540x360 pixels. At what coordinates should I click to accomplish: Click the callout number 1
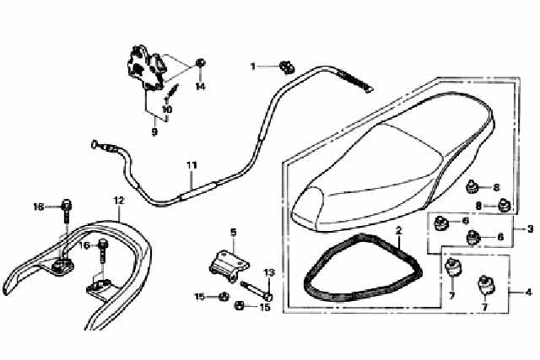coord(253,66)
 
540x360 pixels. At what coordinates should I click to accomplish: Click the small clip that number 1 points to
coord(287,67)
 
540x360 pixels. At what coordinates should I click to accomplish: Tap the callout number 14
coord(200,86)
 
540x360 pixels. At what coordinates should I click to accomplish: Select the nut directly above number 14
coord(201,63)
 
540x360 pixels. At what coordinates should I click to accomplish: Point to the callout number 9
coord(154,132)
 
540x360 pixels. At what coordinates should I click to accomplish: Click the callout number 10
coord(167,110)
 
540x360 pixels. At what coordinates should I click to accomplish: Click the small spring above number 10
coord(172,91)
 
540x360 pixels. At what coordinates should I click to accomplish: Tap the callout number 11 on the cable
coord(192,165)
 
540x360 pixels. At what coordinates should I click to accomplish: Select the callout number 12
coord(118,201)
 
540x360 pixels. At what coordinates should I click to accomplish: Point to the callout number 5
coord(234,233)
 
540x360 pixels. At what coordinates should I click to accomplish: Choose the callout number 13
coord(269,273)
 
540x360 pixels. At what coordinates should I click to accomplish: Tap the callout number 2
coord(398,231)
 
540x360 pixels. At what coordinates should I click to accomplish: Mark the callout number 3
coord(531,228)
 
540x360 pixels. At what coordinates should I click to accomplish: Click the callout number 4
coord(529,293)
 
